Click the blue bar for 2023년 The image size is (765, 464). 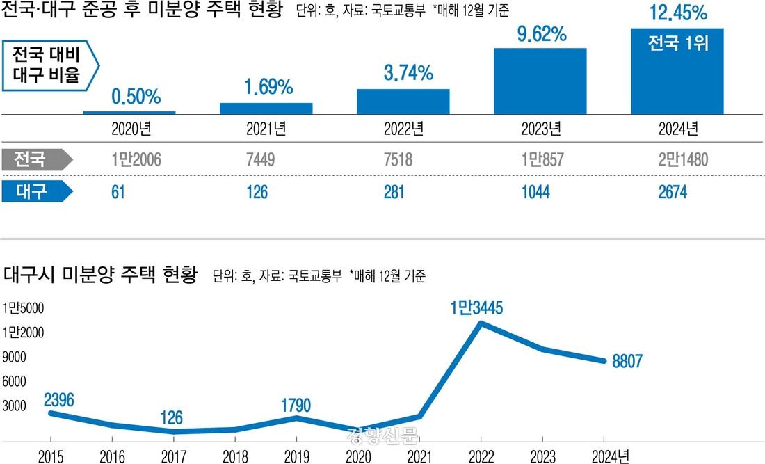pyautogui.click(x=540, y=81)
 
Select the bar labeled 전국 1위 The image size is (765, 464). pyautogui.click(x=677, y=72)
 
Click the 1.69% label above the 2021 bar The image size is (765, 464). pyautogui.click(x=268, y=88)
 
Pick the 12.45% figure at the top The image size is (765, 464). pyautogui.click(x=677, y=13)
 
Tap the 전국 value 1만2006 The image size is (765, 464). pyautogui.click(x=136, y=161)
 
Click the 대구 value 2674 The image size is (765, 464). pyautogui.click(x=673, y=192)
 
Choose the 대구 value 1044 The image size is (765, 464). pyautogui.click(x=535, y=192)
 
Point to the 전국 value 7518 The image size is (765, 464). pyautogui.click(x=398, y=161)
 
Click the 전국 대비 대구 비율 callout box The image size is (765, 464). pyautogui.click(x=51, y=65)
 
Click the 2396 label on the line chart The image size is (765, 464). pyautogui.click(x=58, y=399)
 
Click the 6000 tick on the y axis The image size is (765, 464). pyautogui.click(x=16, y=381)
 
